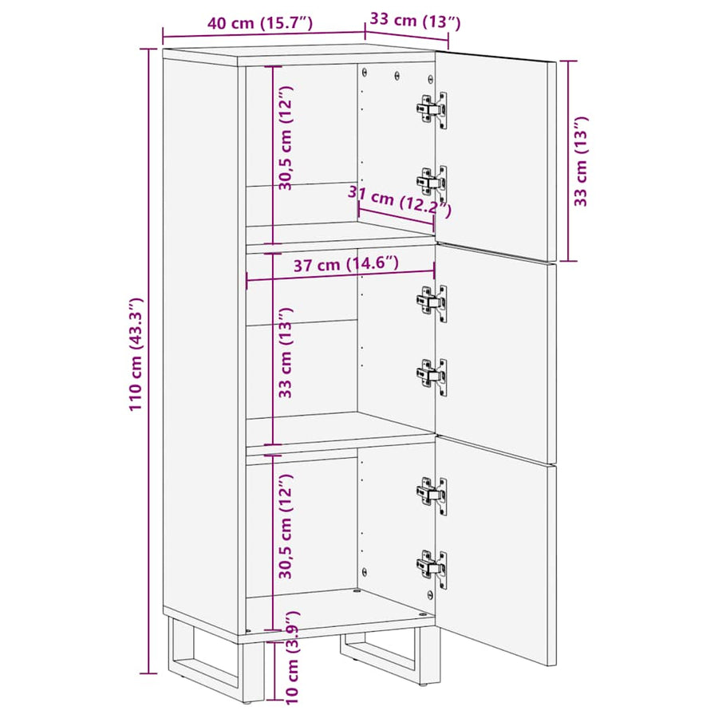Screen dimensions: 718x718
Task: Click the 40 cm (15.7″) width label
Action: coord(260,23)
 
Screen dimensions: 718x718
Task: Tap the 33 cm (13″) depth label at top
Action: coord(415,21)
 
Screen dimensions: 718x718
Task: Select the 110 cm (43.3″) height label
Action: coord(136,354)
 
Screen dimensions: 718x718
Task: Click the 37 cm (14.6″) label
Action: coord(345,264)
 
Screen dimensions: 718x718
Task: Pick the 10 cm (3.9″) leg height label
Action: coord(292,657)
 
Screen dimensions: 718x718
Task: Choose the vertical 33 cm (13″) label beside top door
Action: coord(581,161)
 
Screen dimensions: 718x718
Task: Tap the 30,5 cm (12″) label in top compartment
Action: coord(286,138)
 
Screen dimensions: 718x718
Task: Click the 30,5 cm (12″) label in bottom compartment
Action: coord(286,527)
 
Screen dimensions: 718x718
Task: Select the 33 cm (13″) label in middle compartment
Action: coord(286,353)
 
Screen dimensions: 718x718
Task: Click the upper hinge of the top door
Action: coord(432,110)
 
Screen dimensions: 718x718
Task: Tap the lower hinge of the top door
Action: coord(432,183)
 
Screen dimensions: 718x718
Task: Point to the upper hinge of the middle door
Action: coord(432,302)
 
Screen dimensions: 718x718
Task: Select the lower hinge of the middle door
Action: coord(432,377)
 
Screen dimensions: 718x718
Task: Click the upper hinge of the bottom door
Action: coord(432,496)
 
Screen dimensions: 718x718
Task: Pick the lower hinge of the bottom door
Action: coord(432,569)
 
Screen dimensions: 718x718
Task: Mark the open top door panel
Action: coord(496,156)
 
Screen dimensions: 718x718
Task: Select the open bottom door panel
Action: coord(496,550)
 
